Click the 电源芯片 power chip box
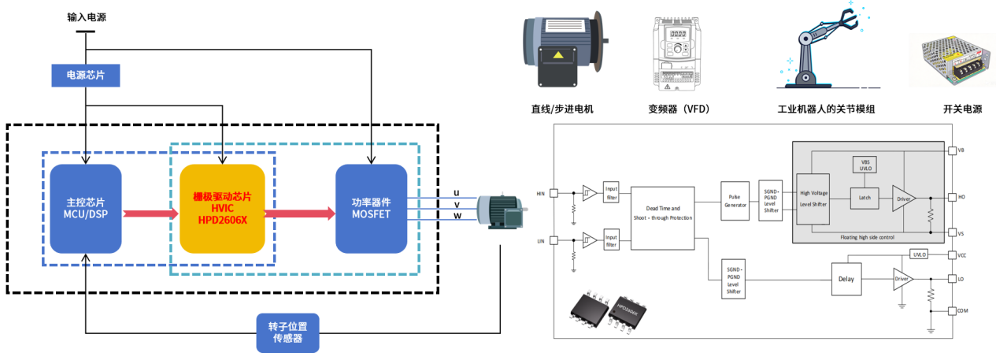85,76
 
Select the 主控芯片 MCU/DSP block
85,210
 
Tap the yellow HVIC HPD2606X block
221,209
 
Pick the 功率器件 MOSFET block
370,210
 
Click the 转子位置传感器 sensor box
290,332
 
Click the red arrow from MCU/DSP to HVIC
150,213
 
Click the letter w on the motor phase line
457,217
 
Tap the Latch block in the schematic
865,197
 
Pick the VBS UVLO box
865,164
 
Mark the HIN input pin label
541,193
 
